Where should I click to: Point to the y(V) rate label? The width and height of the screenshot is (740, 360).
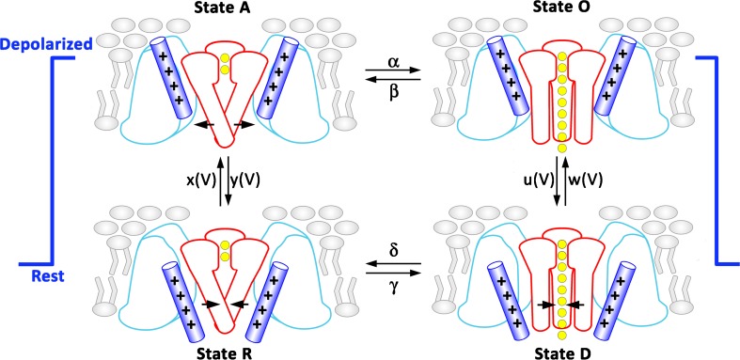(249, 176)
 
